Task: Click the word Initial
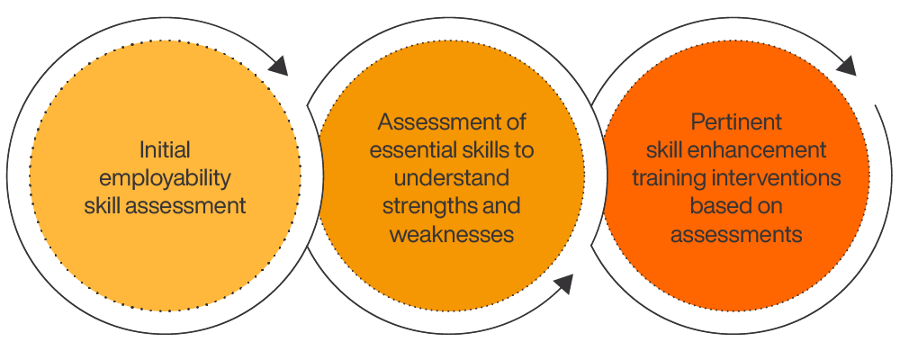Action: point(165,150)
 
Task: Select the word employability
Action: point(165,178)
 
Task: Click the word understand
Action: point(451,178)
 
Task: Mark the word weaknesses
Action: point(451,234)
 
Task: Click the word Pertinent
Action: point(736,122)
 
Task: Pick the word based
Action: point(717,205)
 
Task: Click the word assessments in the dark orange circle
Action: point(736,234)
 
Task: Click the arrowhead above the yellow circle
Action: point(278,66)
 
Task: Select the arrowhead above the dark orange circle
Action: point(847,66)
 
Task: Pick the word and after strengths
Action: point(499,205)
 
